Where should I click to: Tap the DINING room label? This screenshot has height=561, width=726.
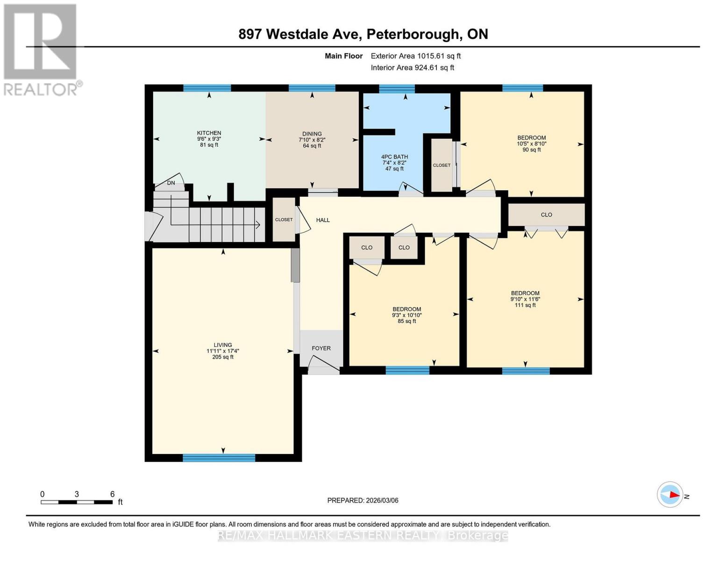(x=312, y=134)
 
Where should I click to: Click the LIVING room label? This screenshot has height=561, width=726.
(x=222, y=345)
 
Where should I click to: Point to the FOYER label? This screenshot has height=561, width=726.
(x=321, y=348)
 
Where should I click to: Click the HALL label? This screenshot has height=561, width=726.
(x=323, y=220)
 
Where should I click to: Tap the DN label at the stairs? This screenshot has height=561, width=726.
(x=171, y=183)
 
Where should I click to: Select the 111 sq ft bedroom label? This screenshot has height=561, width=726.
(x=525, y=294)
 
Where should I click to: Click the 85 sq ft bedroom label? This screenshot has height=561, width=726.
(x=406, y=309)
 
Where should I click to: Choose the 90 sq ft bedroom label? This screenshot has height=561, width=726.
(x=531, y=138)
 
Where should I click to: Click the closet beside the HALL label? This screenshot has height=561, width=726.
(x=284, y=220)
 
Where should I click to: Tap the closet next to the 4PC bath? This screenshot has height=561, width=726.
(x=441, y=165)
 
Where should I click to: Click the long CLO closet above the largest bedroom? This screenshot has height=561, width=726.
(x=546, y=215)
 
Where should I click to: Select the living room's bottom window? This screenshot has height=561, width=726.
(x=219, y=458)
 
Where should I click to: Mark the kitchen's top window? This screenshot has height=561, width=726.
(x=207, y=88)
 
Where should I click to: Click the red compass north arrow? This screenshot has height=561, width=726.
(x=673, y=495)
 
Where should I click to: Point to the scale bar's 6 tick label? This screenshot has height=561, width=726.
(x=112, y=494)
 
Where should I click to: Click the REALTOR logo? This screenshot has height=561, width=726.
(x=41, y=49)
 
